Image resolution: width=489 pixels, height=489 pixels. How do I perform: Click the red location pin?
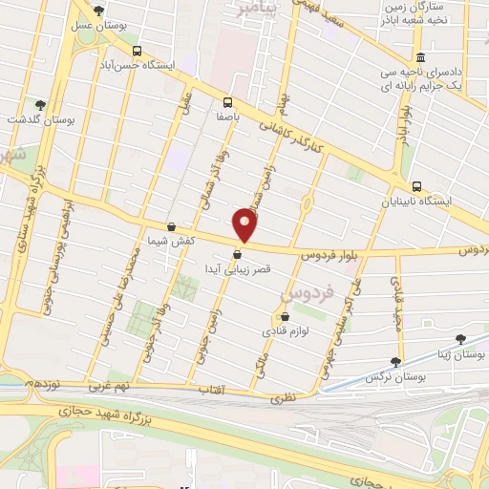click(x=245, y=224)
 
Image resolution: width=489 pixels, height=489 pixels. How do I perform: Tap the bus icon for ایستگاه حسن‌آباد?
click(x=138, y=51)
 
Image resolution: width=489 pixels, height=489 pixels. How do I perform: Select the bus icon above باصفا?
click(x=227, y=102)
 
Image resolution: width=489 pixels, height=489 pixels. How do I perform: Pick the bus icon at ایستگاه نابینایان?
click(x=415, y=186)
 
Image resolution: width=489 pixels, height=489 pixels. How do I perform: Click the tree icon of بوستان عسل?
click(x=98, y=11)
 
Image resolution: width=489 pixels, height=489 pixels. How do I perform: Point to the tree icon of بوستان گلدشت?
click(x=39, y=105)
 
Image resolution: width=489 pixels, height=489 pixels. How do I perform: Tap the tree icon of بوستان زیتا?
click(x=460, y=338)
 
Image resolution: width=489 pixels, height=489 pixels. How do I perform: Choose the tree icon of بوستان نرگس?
click(x=395, y=362)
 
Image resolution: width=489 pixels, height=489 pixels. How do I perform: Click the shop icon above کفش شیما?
click(x=171, y=226)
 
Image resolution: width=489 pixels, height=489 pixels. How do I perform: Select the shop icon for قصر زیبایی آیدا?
click(x=237, y=254)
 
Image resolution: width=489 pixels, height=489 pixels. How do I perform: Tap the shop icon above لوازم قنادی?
click(x=284, y=317)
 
